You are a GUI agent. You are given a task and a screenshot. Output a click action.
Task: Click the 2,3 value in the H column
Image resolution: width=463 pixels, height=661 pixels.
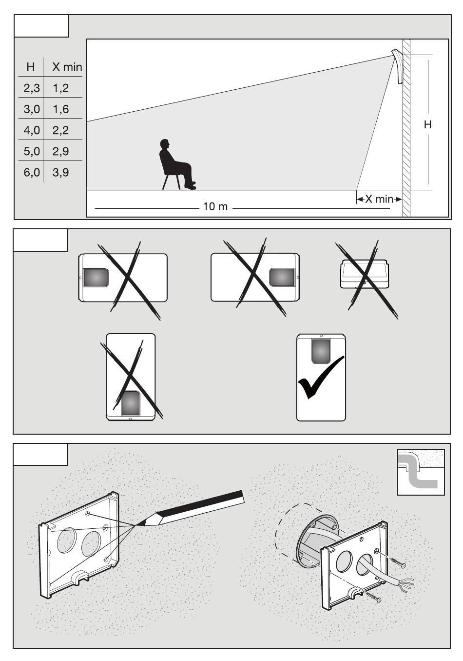32,88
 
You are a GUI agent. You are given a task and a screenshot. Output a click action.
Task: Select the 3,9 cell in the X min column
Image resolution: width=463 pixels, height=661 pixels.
61,172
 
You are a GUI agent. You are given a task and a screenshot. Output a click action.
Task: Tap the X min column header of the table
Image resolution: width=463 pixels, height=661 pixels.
67,67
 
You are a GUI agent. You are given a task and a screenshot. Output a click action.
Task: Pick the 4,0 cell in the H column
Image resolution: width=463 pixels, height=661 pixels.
32,130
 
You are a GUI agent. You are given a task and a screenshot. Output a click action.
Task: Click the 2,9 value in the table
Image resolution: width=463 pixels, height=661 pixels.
61,151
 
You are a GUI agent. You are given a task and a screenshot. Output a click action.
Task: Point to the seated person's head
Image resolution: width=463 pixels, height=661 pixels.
165,145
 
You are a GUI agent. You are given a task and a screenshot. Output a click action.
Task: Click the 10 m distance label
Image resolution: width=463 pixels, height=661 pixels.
215,206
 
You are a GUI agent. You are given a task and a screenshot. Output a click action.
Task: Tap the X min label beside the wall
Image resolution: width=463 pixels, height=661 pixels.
379,199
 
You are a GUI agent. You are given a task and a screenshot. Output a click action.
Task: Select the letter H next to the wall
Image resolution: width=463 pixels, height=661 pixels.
427,125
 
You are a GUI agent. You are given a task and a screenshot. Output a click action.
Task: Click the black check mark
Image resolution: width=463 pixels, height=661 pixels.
320,378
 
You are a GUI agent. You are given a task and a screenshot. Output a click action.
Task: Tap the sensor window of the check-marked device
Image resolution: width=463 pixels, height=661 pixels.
321,351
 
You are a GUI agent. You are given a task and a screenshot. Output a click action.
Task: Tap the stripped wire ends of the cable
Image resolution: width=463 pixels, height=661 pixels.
407,584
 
